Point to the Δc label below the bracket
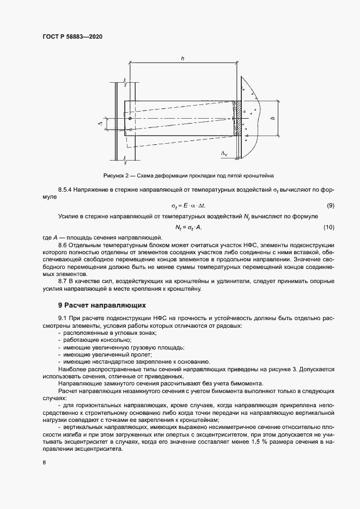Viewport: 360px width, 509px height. click(x=224, y=155)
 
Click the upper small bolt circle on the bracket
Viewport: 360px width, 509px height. click(x=130, y=118)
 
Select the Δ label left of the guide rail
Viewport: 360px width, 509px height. click(x=100, y=125)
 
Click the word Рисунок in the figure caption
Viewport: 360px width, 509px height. click(x=114, y=176)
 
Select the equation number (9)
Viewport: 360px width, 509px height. click(x=330, y=205)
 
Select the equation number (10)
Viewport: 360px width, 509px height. click(x=328, y=226)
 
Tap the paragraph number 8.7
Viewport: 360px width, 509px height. click(x=62, y=280)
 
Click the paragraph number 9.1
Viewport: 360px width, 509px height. click(x=62, y=318)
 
